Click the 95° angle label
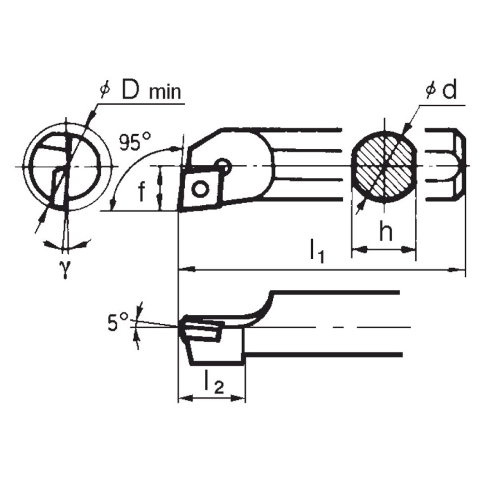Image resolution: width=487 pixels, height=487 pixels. click(x=135, y=142)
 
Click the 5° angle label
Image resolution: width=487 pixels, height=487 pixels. click(x=117, y=323)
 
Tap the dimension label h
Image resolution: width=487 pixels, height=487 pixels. click(x=385, y=232)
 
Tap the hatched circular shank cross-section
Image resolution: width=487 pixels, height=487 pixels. click(x=383, y=168)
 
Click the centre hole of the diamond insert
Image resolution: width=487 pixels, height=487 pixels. click(x=201, y=189)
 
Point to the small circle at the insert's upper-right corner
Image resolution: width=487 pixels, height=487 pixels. click(x=222, y=166)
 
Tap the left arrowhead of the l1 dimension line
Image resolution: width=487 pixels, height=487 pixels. click(x=183, y=270)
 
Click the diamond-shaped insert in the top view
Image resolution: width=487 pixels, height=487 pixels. click(x=201, y=187)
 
